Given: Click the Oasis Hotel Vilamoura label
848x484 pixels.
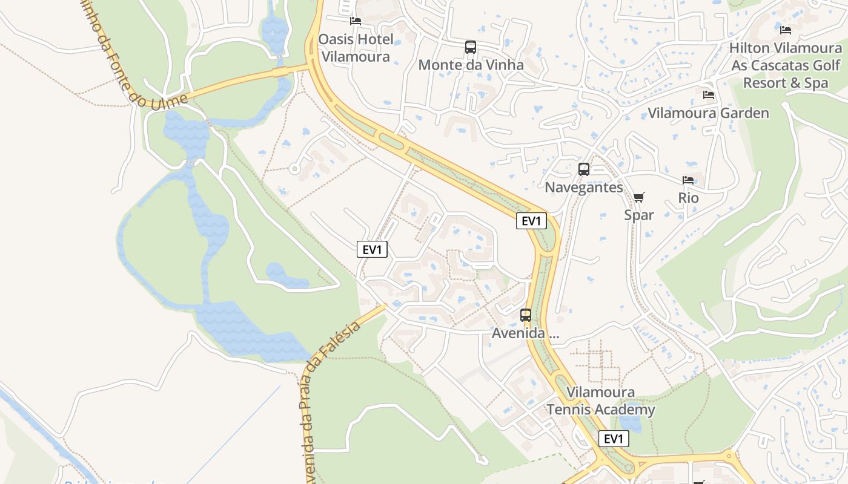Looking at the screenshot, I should [356, 48].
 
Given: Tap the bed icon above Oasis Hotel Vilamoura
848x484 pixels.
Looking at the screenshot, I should [356, 21].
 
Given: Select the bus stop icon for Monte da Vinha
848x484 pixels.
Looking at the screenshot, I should [471, 47].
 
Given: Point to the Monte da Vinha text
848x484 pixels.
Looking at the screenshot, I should [471, 65].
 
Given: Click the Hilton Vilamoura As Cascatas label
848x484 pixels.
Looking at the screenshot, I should [785, 65].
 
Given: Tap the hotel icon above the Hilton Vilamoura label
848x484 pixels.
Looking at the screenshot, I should [786, 30].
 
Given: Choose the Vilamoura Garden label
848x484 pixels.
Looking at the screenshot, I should [708, 113].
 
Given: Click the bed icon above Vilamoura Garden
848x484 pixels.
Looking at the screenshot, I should [708, 95].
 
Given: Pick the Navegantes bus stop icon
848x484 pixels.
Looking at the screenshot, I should [584, 169].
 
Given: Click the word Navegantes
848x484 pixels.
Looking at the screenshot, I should [584, 188].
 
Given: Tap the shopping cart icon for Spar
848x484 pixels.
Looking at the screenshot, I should [639, 197].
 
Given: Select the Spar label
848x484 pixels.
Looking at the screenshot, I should [639, 215].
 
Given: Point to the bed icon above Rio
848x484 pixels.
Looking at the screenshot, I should [688, 180].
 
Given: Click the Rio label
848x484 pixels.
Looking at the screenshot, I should [688, 198].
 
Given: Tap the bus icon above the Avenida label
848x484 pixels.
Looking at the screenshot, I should [526, 315].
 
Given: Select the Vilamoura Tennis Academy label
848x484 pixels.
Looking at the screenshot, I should [601, 401].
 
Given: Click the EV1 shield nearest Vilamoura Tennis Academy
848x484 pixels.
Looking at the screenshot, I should [613, 439].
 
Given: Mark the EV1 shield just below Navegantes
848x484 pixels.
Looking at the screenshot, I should [531, 221].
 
